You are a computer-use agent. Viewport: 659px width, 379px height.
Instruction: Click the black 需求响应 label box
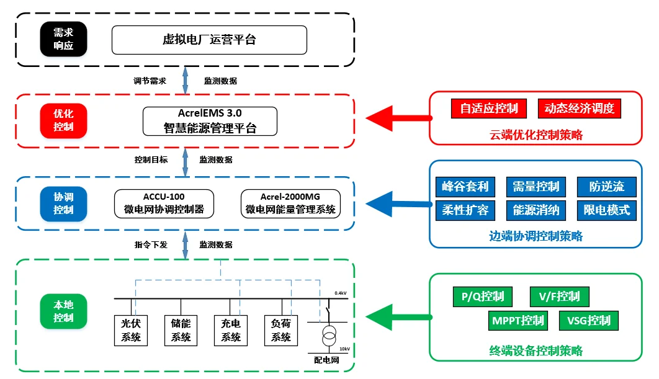[x=63, y=40]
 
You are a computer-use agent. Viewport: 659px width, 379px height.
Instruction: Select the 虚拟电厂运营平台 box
[x=209, y=40]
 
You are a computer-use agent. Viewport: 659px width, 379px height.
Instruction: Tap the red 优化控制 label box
[x=63, y=120]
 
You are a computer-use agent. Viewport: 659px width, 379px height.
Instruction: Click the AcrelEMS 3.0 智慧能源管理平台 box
[x=209, y=121]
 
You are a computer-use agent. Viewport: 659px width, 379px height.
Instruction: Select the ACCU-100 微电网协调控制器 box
[x=164, y=203]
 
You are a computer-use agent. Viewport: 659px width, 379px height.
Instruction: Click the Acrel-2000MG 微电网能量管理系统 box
[x=290, y=203]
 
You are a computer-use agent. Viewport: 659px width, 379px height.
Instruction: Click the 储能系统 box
[x=181, y=330]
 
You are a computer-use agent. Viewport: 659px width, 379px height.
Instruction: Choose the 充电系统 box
[x=230, y=330]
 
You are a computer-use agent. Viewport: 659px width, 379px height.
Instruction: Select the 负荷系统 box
[x=281, y=330]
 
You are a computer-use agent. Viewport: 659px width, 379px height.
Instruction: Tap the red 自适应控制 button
[x=489, y=109]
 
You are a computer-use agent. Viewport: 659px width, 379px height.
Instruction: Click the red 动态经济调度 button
[x=579, y=109]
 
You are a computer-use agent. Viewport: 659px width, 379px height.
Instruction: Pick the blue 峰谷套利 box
[x=465, y=186]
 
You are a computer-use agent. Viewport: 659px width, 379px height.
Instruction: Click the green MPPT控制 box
[x=518, y=321]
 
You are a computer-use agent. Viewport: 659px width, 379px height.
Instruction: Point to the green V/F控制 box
[x=559, y=297]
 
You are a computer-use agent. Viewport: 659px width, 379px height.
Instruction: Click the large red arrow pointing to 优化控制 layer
[x=397, y=117]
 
